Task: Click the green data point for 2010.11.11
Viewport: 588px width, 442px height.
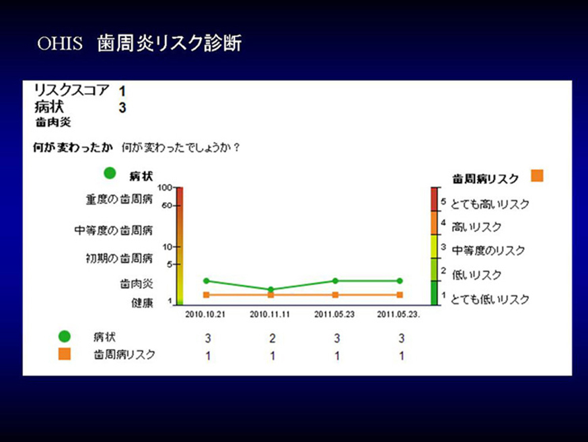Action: pyautogui.click(x=270, y=289)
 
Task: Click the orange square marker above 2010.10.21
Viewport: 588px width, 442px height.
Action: pyautogui.click(x=207, y=295)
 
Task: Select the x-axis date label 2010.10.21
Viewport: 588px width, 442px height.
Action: pyautogui.click(x=205, y=315)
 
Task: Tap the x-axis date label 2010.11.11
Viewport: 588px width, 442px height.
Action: pyautogui.click(x=270, y=315)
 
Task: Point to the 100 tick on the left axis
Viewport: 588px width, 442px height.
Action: pyautogui.click(x=164, y=187)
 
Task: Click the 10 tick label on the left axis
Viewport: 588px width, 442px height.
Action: pyautogui.click(x=167, y=247)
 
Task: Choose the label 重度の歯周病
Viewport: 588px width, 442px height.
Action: pyautogui.click(x=119, y=199)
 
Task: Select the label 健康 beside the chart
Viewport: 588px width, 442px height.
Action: pyautogui.click(x=142, y=303)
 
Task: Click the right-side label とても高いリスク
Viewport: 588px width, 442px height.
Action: pyautogui.click(x=490, y=204)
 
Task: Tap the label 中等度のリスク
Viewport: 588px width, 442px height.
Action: pyautogui.click(x=488, y=251)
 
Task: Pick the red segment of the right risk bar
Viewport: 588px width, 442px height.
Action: pyautogui.click(x=434, y=199)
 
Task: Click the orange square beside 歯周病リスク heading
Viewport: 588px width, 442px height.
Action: pyautogui.click(x=537, y=176)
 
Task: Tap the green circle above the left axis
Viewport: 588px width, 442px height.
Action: pyautogui.click(x=110, y=173)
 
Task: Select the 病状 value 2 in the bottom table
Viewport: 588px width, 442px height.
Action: pyautogui.click(x=272, y=338)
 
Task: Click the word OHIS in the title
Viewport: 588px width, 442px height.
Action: pyautogui.click(x=60, y=43)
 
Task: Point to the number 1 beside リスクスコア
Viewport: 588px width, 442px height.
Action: pyautogui.click(x=122, y=91)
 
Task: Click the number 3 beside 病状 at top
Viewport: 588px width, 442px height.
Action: pyautogui.click(x=122, y=108)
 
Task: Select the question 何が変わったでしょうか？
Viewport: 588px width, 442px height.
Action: pyautogui.click(x=180, y=147)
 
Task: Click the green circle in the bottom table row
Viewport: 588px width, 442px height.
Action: pyautogui.click(x=65, y=336)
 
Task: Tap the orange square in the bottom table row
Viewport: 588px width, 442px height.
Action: pyautogui.click(x=65, y=354)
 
